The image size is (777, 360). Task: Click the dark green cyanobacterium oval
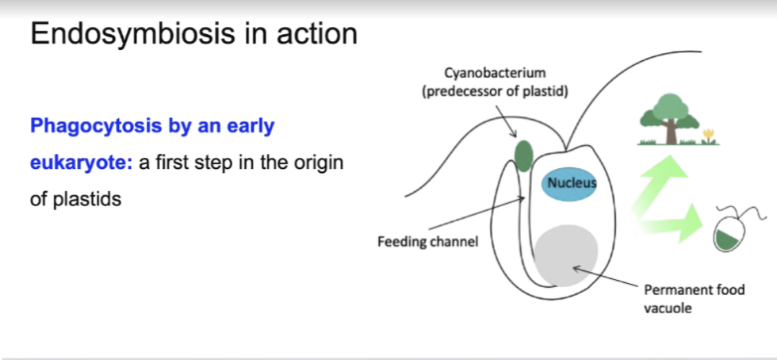[523, 155]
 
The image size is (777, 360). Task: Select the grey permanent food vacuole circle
[565, 253]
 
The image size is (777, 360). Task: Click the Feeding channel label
[427, 241]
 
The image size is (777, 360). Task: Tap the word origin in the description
[316, 163]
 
